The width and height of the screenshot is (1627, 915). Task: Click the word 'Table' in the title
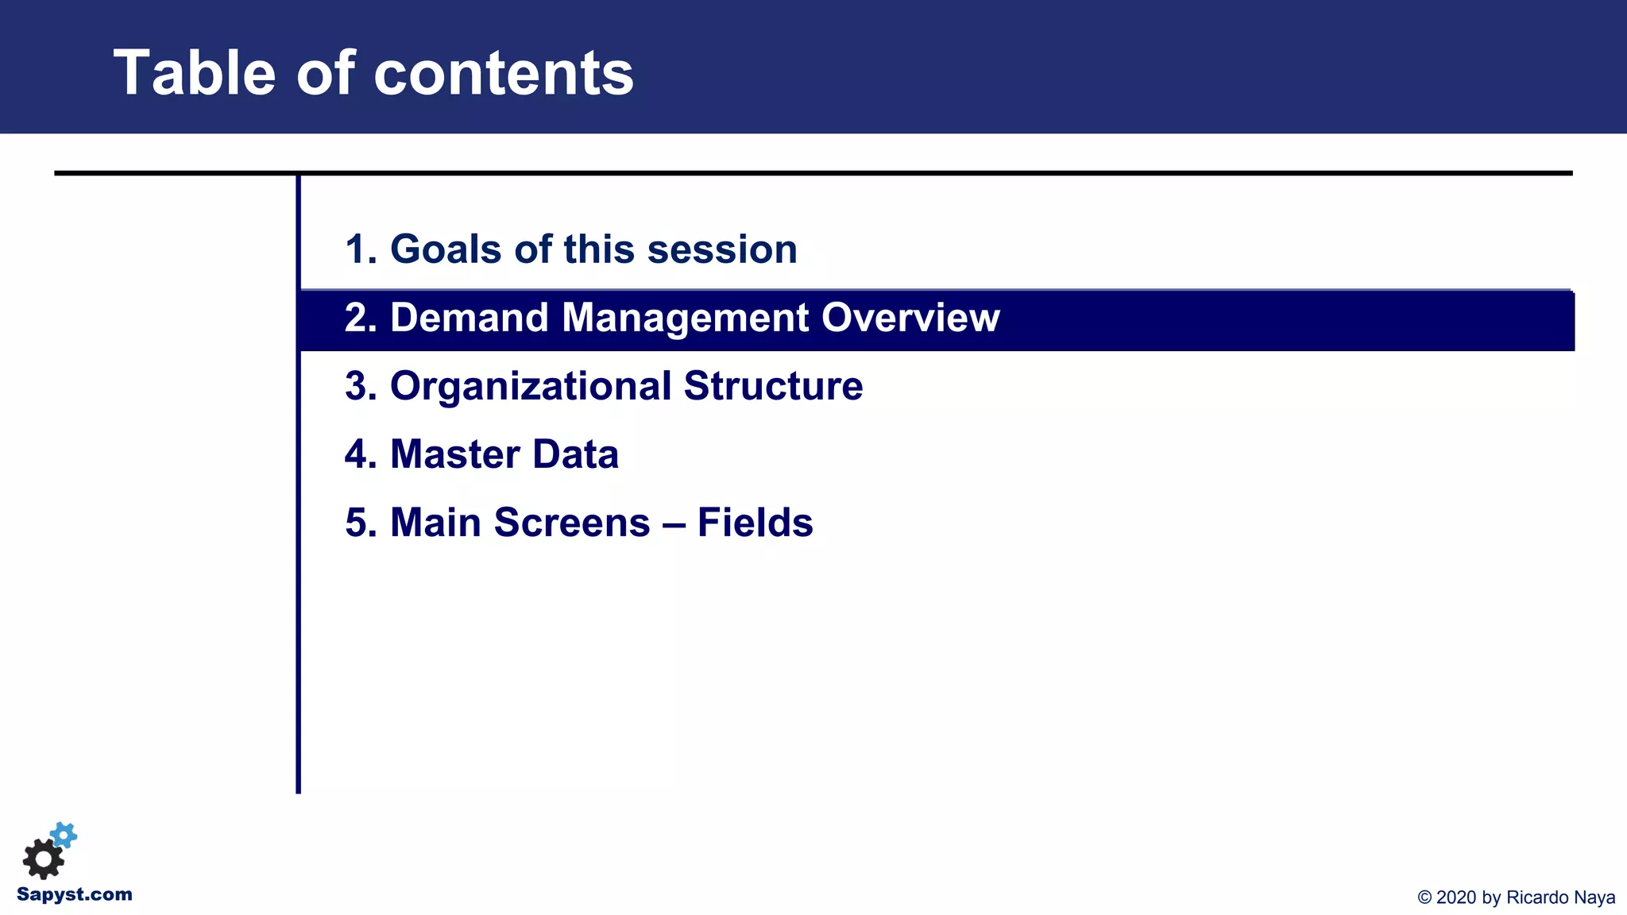(195, 73)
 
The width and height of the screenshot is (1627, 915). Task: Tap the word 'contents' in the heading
(504, 73)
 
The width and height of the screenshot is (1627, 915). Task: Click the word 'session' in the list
(722, 249)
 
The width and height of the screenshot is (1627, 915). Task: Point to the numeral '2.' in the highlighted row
(361, 318)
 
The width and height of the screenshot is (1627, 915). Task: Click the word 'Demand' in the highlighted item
(470, 318)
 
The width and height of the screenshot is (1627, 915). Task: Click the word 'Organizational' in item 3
(531, 386)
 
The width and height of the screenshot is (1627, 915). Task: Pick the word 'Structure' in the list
(773, 386)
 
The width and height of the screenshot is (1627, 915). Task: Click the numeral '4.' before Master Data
(361, 454)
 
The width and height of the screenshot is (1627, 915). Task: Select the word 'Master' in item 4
(454, 454)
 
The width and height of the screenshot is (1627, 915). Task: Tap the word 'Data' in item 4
(575, 454)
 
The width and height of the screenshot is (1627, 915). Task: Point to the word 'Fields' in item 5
(755, 523)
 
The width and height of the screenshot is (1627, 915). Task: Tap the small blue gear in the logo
(64, 835)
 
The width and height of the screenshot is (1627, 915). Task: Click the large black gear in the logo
(43, 859)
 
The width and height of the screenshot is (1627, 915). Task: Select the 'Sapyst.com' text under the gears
(75, 894)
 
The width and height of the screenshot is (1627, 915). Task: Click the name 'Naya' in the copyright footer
(1594, 898)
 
